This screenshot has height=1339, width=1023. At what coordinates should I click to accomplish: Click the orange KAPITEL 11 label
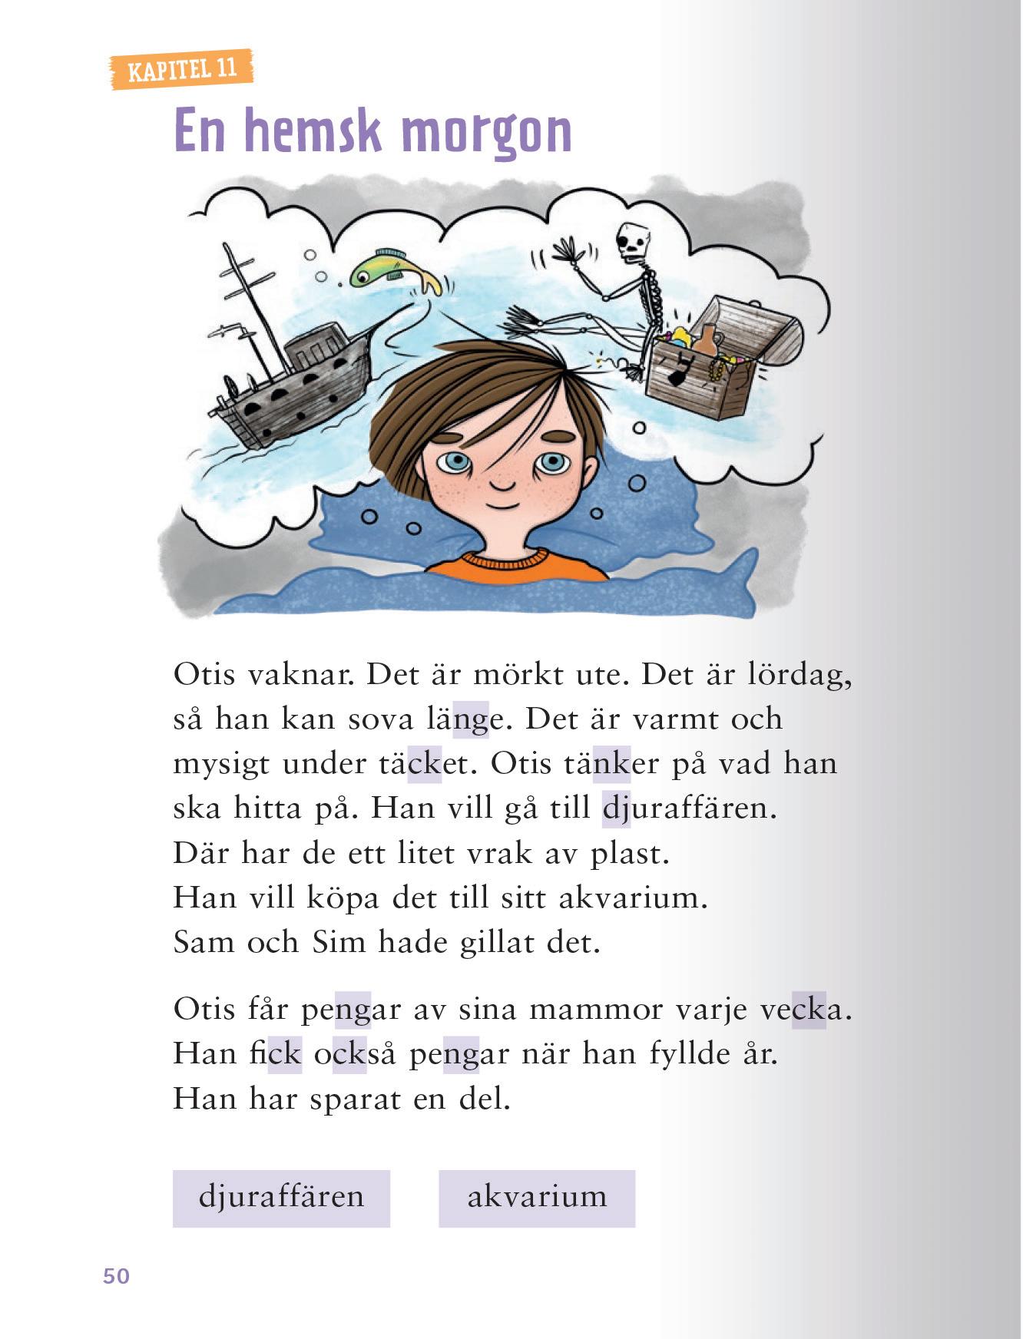coord(182,70)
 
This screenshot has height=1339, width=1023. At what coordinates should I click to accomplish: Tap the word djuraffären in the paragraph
coord(689,808)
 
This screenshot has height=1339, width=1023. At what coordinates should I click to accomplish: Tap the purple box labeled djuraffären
coord(281,1198)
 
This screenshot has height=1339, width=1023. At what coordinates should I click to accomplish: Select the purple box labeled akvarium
coord(537,1198)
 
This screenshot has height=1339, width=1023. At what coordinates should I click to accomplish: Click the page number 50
coord(117,1276)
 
